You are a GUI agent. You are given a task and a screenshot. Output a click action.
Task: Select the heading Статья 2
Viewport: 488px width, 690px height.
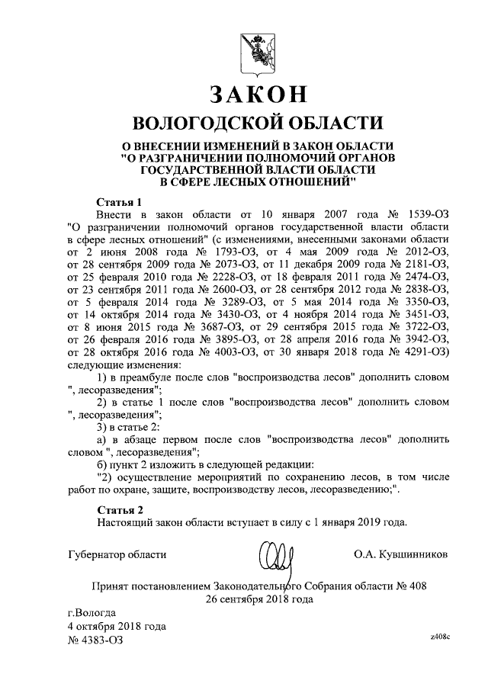(x=120, y=509)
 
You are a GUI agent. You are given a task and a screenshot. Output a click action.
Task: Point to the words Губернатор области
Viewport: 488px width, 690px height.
(x=117, y=554)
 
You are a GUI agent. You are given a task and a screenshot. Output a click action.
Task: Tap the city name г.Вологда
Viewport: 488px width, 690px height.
(x=92, y=612)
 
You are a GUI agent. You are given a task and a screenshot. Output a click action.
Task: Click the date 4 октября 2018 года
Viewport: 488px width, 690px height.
(x=117, y=627)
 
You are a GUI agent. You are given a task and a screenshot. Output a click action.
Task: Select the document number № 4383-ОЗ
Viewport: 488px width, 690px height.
(x=95, y=641)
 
